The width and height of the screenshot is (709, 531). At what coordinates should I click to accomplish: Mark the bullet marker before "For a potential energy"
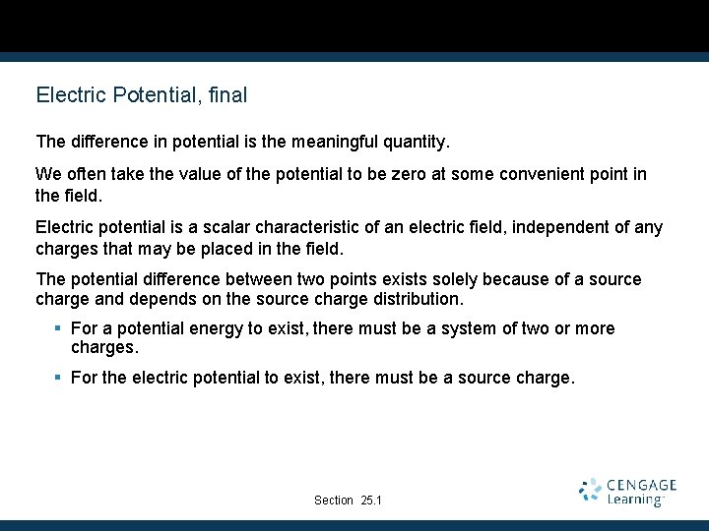coord(59,328)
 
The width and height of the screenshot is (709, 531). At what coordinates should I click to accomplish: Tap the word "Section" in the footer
coord(334,501)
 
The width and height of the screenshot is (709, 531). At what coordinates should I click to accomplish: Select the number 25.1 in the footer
coord(371,501)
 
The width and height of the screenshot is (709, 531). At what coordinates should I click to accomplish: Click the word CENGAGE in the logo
coord(642,485)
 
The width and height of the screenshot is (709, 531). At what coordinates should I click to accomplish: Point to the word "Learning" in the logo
coord(635,500)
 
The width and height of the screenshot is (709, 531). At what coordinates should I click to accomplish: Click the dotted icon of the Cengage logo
coord(591,491)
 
